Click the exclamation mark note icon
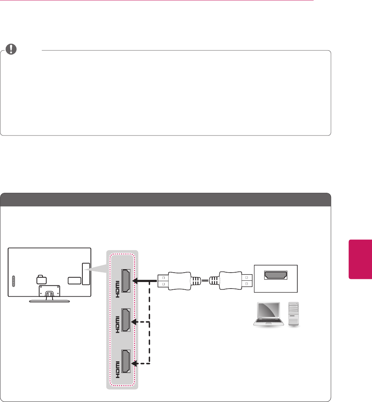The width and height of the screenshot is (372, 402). (13, 49)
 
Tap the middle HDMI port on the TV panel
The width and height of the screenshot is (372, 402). (126, 320)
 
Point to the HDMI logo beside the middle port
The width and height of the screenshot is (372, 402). (116, 325)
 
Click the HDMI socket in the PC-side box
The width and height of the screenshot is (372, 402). (276, 275)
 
